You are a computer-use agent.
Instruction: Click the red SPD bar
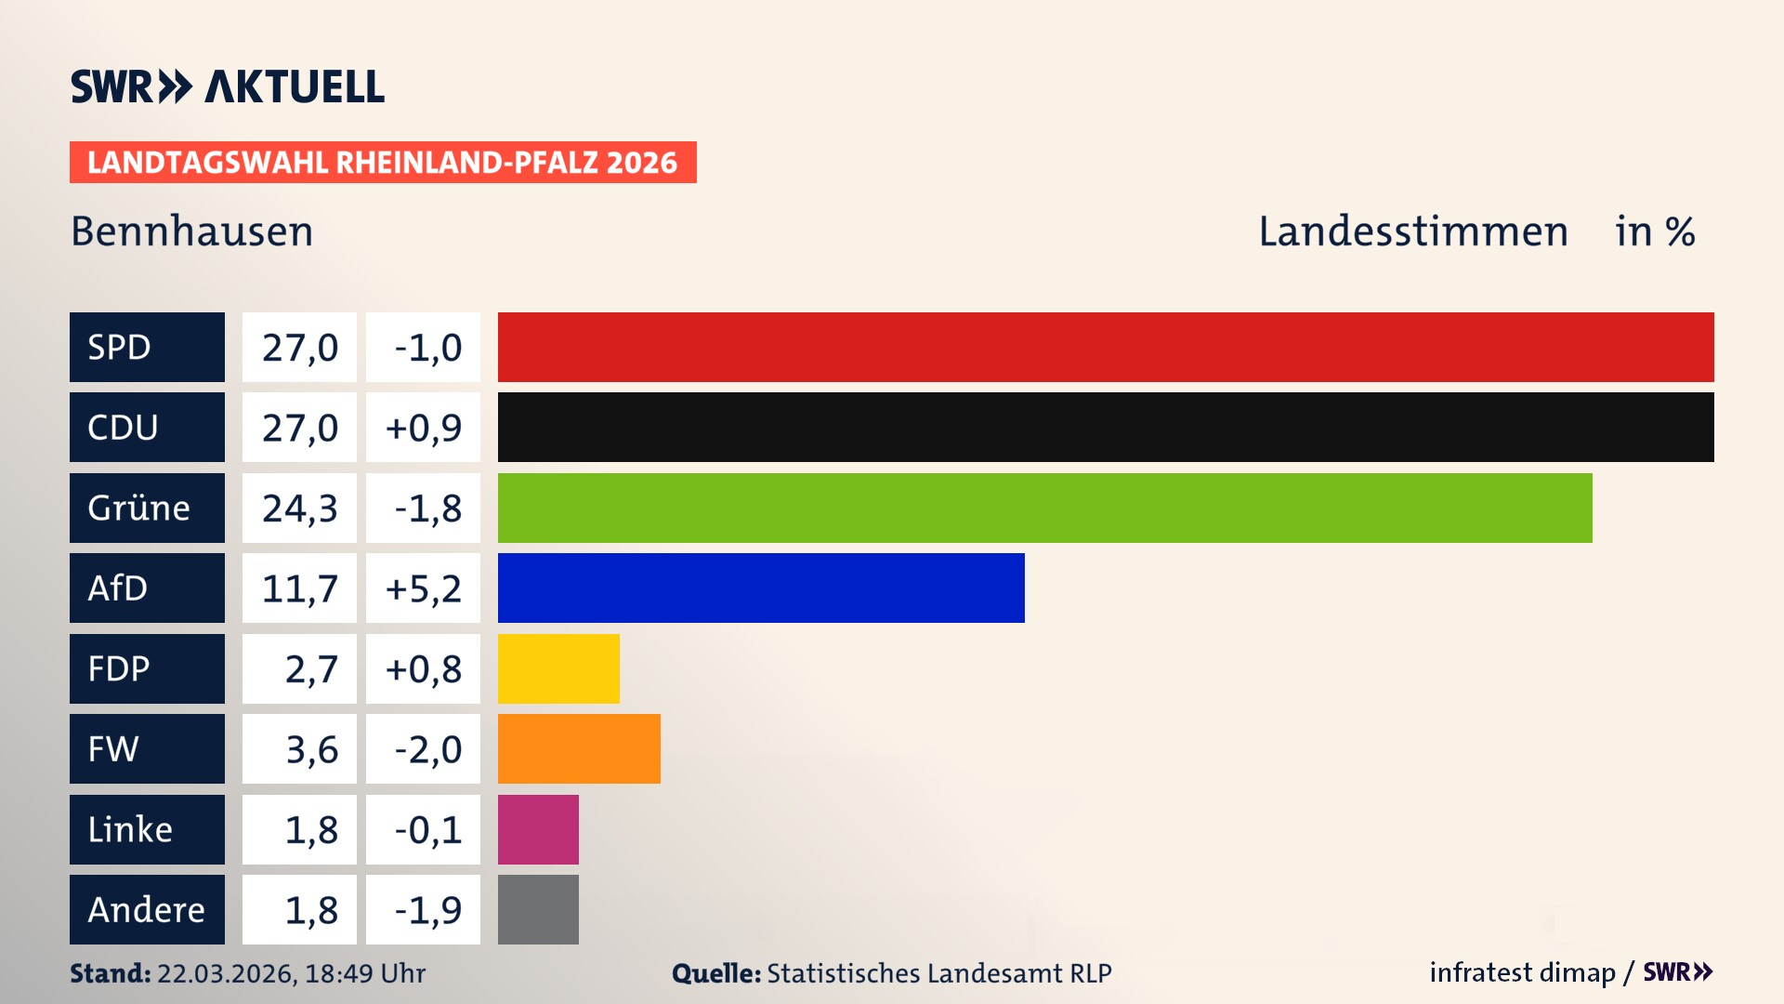coord(1106,347)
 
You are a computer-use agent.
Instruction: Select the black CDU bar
coord(1106,427)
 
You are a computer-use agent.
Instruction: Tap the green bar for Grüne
coord(1044,508)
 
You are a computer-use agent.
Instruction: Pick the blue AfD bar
coord(761,588)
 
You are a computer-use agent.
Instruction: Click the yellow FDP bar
coord(558,668)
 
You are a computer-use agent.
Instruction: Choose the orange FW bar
coord(579,748)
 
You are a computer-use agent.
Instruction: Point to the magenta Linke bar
coord(538,829)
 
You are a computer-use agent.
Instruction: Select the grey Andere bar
coord(538,909)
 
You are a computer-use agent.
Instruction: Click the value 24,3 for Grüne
coord(299,508)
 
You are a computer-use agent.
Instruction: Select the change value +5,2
coord(423,588)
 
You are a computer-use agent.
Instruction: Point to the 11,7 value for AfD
coord(299,588)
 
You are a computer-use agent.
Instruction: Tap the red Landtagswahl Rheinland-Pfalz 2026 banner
coord(383,162)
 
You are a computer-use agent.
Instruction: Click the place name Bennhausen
coord(191,231)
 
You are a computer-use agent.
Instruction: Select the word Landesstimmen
coord(1412,231)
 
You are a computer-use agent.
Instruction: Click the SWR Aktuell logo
coord(228,86)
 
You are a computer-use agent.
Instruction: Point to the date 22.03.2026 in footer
coord(226,973)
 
